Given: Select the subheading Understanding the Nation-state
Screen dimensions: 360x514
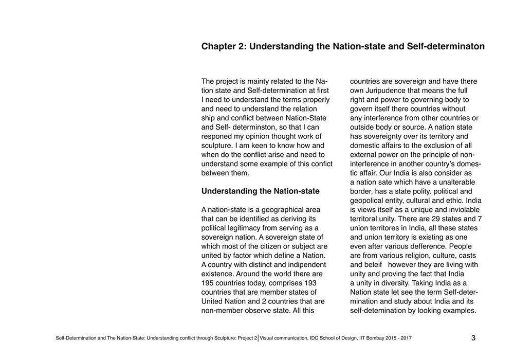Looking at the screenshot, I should coord(260,191).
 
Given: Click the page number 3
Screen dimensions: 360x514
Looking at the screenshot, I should coord(473,338).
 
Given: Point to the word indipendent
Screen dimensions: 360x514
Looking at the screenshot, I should coord(288,264).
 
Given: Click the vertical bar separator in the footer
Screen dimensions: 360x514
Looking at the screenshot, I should coord(258,338).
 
